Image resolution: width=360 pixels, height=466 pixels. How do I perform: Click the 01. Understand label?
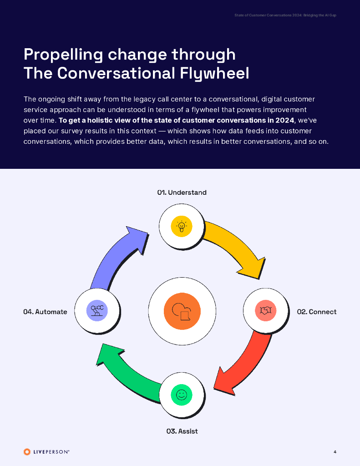182,192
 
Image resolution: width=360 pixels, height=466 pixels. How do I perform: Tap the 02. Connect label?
316,312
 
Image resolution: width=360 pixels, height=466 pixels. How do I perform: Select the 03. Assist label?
182,431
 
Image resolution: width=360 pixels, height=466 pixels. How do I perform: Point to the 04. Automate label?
45,312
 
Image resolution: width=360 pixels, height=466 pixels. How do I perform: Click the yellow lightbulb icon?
182,226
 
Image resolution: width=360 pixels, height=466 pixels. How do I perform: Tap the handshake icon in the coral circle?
266,311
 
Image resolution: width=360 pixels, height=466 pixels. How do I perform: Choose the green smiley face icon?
182,395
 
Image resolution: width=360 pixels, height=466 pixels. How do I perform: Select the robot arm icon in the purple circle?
97,311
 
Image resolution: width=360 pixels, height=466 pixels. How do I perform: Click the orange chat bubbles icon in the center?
182,311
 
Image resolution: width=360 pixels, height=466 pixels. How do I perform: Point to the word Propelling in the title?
63,54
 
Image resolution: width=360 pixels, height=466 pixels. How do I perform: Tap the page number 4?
335,452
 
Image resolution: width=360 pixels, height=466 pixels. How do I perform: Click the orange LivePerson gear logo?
27,452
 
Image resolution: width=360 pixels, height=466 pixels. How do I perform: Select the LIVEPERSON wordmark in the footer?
51,452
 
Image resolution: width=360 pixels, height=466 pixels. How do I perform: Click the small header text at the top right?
285,15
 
